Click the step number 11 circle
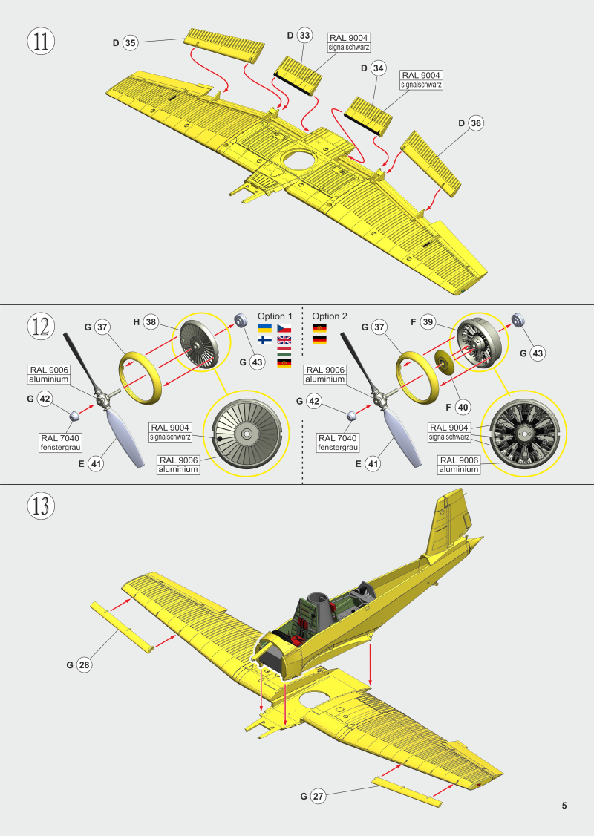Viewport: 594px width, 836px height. (x=41, y=41)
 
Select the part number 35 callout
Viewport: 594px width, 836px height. (x=130, y=43)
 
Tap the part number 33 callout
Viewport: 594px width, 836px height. (x=304, y=36)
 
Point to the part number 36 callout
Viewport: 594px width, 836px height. (x=475, y=123)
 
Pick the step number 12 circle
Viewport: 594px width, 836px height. (x=41, y=326)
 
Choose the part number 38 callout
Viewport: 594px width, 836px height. (x=151, y=321)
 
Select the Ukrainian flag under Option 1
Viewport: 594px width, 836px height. (x=264, y=328)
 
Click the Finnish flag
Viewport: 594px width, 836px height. (x=264, y=340)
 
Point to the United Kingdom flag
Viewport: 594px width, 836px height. (x=284, y=340)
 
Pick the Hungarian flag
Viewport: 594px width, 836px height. (x=284, y=351)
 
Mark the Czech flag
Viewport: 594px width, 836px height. (x=284, y=328)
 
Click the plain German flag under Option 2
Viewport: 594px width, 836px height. (x=320, y=340)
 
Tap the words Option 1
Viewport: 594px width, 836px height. (x=275, y=316)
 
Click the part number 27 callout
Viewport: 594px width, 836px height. (x=318, y=797)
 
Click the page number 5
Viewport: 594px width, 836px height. (x=564, y=806)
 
